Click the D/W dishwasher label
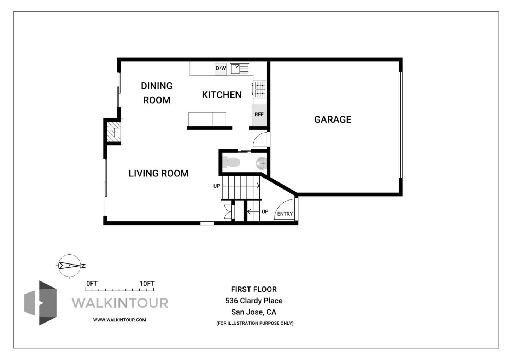tap(221, 69)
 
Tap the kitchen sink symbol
tap(239, 69)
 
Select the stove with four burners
tap(260, 89)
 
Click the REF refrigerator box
tap(259, 115)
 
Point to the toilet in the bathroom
tap(232, 163)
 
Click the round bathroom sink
tap(261, 163)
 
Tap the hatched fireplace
tap(114, 131)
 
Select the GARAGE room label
tap(333, 120)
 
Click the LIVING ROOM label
tap(158, 173)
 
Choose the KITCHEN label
tap(222, 95)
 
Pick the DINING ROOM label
tap(157, 93)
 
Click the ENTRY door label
tap(285, 214)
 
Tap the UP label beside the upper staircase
tap(217, 186)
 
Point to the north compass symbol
tap(70, 265)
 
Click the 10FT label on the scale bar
tap(147, 284)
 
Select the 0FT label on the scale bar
tap(92, 284)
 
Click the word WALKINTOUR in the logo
tap(120, 303)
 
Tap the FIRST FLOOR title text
tap(254, 289)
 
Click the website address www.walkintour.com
tap(119, 320)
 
